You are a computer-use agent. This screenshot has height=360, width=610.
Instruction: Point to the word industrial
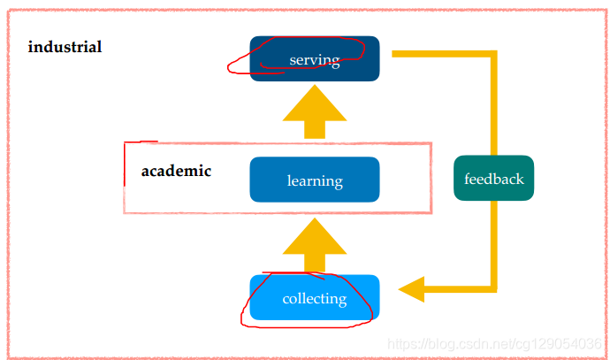click(x=65, y=47)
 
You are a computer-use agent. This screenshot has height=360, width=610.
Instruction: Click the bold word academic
click(x=176, y=171)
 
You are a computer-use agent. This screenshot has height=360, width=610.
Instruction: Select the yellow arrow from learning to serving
click(x=315, y=111)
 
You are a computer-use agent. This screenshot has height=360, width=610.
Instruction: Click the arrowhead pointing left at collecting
click(x=412, y=288)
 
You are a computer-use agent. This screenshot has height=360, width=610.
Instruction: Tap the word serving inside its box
click(x=315, y=60)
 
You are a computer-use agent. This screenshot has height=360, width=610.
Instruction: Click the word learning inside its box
click(x=315, y=181)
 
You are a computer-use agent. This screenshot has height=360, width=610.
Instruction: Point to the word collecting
click(x=315, y=299)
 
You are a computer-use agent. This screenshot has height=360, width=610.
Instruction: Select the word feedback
click(x=494, y=179)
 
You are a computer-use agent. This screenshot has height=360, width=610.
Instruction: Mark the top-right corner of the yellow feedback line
click(x=493, y=54)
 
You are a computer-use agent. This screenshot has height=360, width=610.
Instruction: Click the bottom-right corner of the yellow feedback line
click(x=493, y=287)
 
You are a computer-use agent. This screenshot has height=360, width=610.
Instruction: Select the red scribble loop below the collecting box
click(x=301, y=324)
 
